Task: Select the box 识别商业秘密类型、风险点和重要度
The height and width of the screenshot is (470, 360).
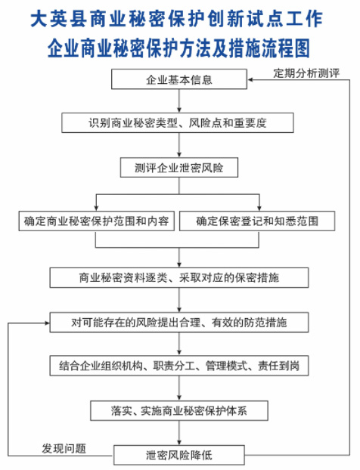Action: (179, 122)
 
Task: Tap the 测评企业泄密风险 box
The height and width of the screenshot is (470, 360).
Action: (179, 166)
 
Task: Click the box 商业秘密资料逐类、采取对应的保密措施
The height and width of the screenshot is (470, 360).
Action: (179, 277)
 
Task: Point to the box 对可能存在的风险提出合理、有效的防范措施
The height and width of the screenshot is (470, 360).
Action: (179, 322)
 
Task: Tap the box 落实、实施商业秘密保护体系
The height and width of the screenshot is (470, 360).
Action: (179, 410)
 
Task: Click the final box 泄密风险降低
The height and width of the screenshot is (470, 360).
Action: (179, 455)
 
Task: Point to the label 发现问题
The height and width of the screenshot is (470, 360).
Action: (64, 447)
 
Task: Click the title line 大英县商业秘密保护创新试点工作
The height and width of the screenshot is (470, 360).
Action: (179, 19)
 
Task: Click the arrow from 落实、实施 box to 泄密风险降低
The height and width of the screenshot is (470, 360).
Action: (179, 433)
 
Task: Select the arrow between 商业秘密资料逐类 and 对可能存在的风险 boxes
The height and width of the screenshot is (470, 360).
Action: (179, 300)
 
